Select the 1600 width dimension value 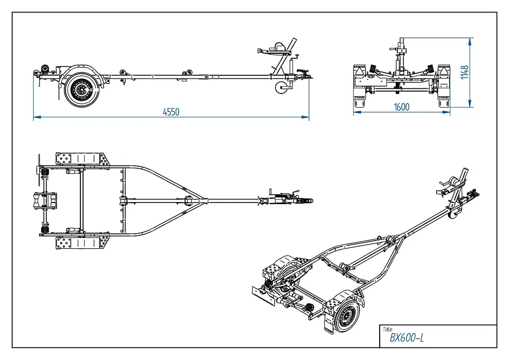[x=401, y=107]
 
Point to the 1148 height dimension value [x=464, y=72]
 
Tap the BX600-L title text [x=407, y=338]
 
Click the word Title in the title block [x=388, y=329]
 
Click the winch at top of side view [x=280, y=49]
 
